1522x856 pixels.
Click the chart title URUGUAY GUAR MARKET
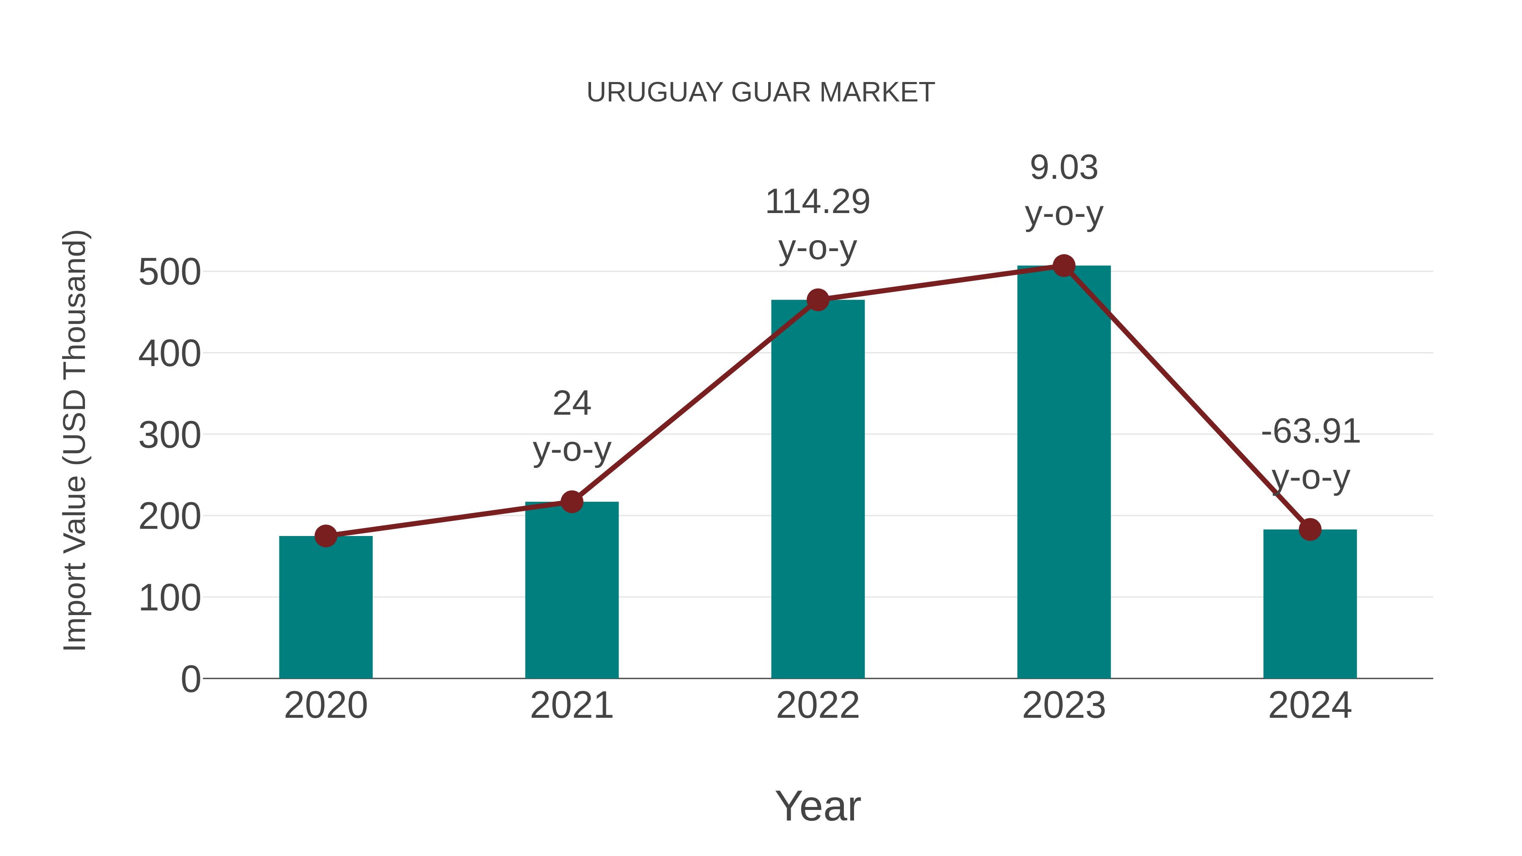[761, 93]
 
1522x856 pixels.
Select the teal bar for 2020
[326, 608]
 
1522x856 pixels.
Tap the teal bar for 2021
[571, 591]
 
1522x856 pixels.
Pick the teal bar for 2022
[818, 490]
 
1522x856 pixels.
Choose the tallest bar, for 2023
[1064, 473]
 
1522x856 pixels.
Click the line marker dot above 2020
[326, 536]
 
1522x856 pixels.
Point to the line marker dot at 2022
[818, 300]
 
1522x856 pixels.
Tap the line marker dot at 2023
[1064, 266]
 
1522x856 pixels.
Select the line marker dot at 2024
[1310, 529]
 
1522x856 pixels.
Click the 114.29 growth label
[818, 202]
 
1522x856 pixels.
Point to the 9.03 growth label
[1064, 168]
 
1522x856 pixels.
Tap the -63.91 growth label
[1310, 432]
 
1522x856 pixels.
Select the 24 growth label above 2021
[571, 404]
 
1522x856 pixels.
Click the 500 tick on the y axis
[170, 273]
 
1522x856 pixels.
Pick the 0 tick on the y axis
[190, 679]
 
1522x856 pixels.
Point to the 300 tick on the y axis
[170, 436]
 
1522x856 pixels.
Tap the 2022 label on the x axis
[818, 706]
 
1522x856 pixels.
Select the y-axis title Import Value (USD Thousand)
[76, 440]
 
